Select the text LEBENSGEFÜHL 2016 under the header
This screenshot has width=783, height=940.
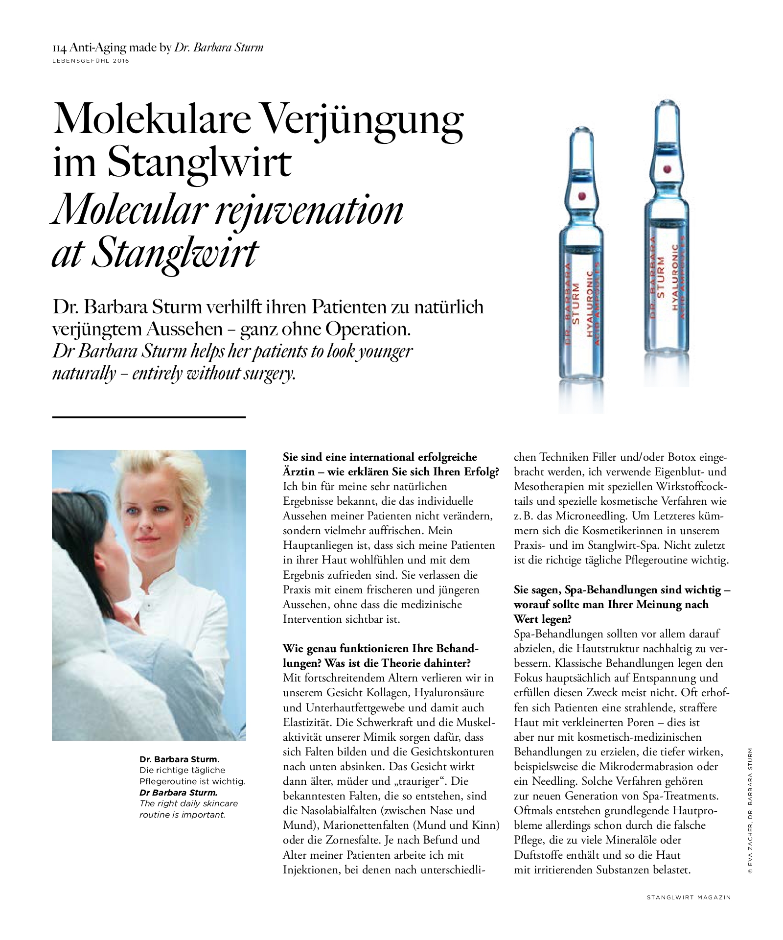(91, 61)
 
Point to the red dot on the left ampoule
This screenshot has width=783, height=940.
(582, 196)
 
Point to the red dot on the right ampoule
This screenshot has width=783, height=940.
(666, 169)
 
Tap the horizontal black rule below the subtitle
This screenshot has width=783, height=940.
(148, 417)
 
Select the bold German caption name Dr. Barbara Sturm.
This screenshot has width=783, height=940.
(179, 759)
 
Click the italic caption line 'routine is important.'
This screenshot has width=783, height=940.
(182, 815)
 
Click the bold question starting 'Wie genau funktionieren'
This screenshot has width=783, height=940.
(380, 648)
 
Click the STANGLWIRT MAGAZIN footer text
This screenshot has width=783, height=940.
(689, 897)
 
